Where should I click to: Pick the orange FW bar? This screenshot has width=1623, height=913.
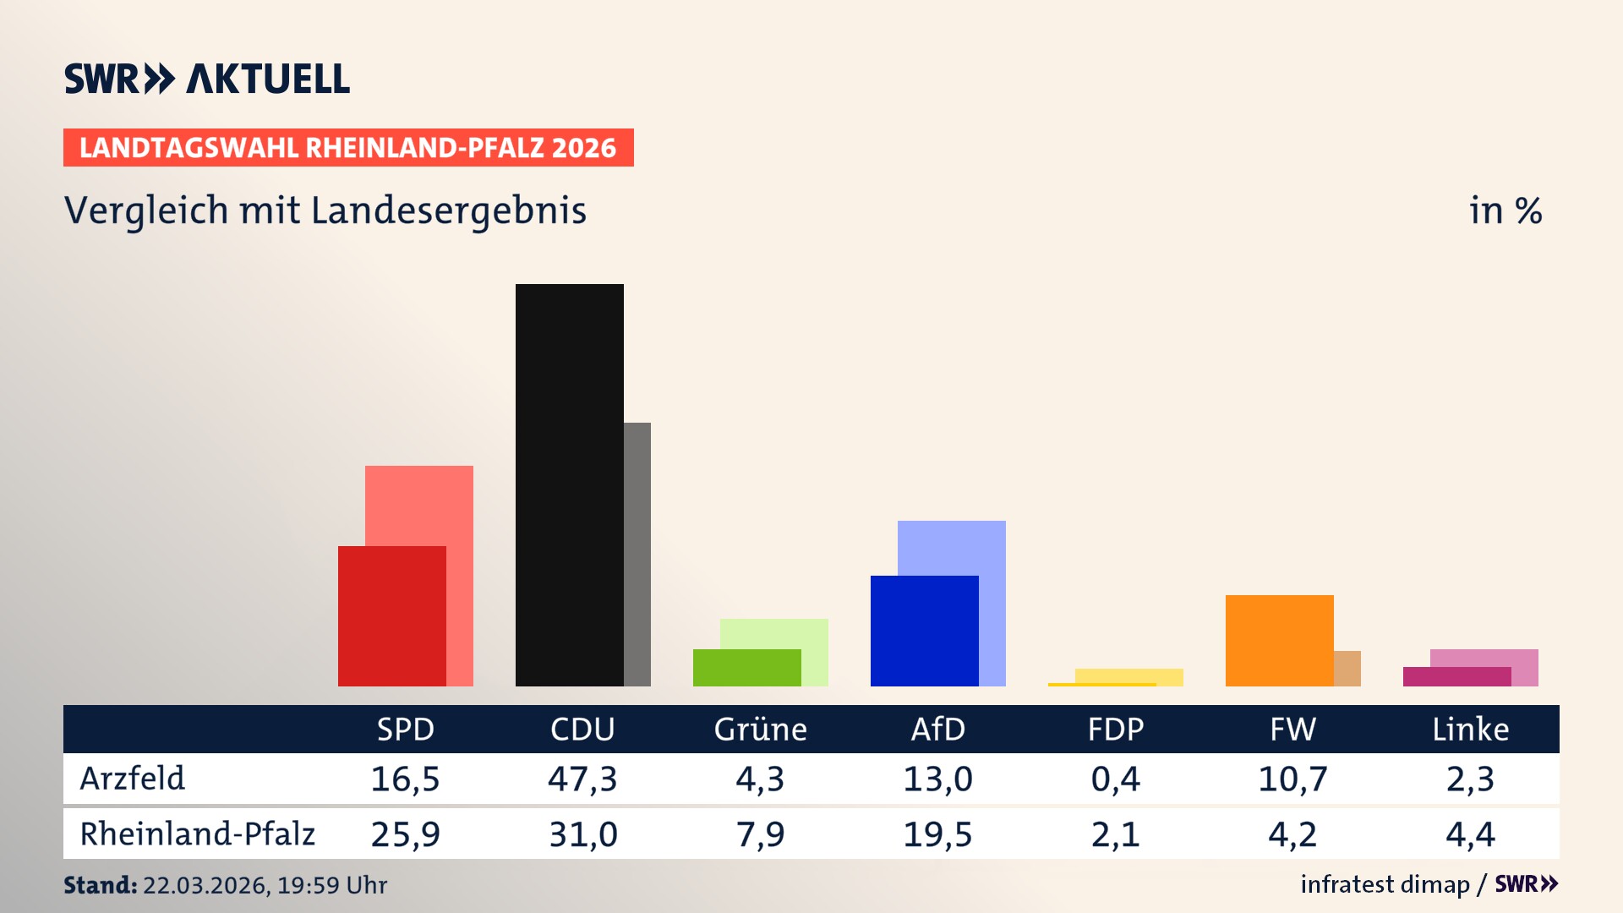click(x=1279, y=640)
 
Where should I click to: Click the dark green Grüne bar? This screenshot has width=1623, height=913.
click(x=746, y=667)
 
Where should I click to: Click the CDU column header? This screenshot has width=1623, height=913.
click(x=582, y=729)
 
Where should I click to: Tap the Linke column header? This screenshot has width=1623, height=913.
click(x=1470, y=729)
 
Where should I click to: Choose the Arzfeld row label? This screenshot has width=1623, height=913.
click(x=133, y=779)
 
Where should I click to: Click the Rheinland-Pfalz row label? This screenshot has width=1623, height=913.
click(x=197, y=834)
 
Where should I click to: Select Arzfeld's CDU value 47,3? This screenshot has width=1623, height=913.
click(x=582, y=779)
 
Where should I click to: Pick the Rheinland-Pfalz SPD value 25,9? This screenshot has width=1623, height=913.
click(x=405, y=834)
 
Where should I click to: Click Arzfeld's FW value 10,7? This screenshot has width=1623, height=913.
click(x=1292, y=779)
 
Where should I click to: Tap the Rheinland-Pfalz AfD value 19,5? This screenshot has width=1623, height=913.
click(x=937, y=834)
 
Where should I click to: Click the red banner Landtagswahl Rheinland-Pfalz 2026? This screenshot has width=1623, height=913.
click(x=348, y=148)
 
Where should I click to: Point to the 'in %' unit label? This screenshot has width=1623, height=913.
click(x=1505, y=210)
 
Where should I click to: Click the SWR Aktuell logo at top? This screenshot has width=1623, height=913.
click(x=207, y=79)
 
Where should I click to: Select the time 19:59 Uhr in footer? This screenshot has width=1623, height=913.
click(x=332, y=885)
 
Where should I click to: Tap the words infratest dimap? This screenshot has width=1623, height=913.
click(x=1385, y=884)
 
